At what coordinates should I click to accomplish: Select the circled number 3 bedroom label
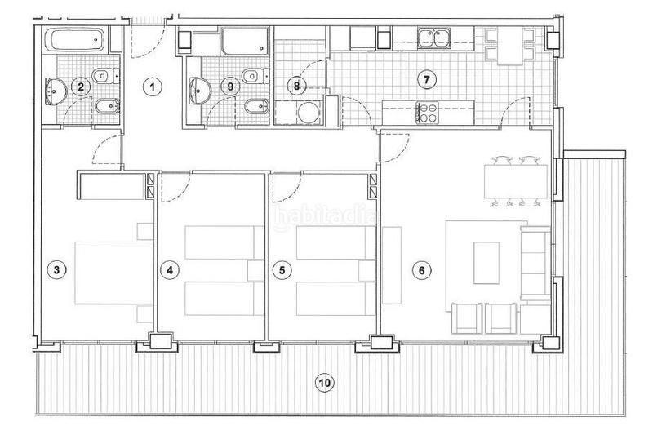55,269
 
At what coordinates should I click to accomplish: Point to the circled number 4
169,269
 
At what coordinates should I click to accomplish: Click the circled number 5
282,269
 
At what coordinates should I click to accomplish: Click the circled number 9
231,85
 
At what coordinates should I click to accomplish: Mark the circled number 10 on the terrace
324,382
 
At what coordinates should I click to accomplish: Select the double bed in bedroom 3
111,270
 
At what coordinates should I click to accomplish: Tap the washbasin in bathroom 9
199,87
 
